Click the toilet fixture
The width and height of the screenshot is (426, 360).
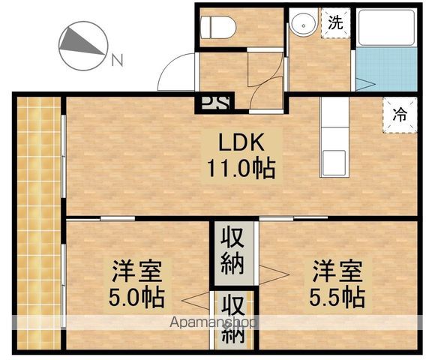[217, 27]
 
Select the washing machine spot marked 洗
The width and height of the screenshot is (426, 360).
[336, 22]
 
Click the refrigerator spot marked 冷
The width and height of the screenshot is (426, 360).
[400, 115]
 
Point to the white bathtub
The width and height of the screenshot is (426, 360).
[386, 28]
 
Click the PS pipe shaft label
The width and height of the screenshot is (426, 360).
[216, 103]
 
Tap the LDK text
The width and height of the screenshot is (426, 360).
[241, 142]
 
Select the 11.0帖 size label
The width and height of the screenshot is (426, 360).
[241, 168]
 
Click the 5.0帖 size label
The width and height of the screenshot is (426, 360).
[136, 297]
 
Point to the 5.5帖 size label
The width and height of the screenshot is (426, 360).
[337, 297]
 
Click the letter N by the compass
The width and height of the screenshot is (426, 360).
[117, 60]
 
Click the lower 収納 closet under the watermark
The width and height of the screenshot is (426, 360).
[232, 319]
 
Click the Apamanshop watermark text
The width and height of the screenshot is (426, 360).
[212, 322]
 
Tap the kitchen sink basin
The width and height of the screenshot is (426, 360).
[334, 163]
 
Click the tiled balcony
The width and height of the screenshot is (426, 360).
[39, 223]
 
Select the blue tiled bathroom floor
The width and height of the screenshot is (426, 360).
[386, 69]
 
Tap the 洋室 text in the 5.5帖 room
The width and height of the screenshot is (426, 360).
[337, 271]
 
